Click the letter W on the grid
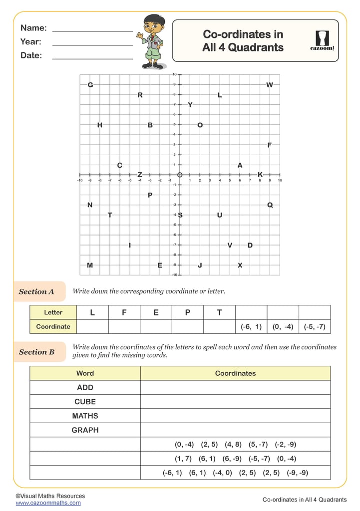coord(270,85)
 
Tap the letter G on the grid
coord(90,85)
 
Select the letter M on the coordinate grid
coord(90,265)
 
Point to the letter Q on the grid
coord(270,205)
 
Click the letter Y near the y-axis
coord(190,105)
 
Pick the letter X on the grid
coord(240,265)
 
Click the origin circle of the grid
coord(180,175)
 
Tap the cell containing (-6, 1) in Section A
coord(251,327)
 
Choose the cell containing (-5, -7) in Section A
coord(314,327)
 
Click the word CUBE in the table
coord(85,402)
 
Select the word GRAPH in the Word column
coord(85,430)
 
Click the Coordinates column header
coord(235,373)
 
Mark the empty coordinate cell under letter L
coord(92,327)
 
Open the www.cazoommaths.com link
coord(48,503)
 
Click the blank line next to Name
coord(92,30)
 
